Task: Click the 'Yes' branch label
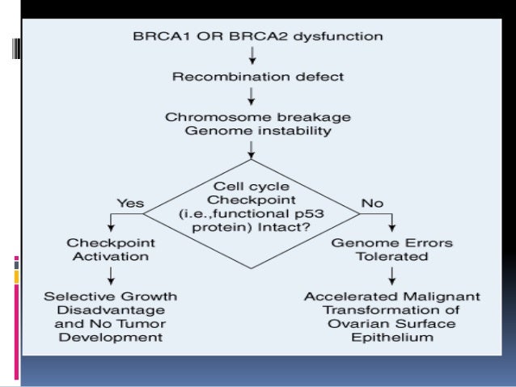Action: tap(131, 204)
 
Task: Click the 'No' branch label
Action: tap(373, 204)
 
